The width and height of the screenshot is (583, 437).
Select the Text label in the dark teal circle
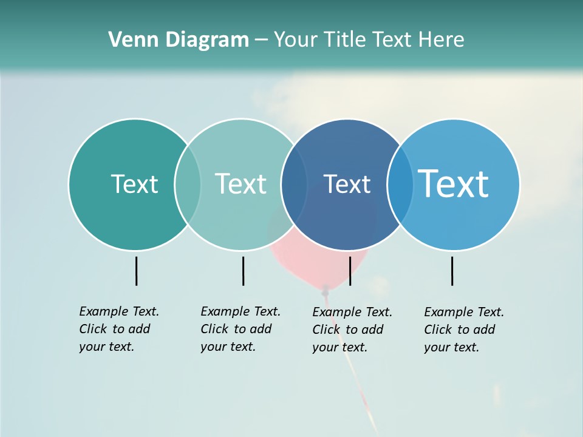[x=134, y=184]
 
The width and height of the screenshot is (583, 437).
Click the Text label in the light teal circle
[x=240, y=184]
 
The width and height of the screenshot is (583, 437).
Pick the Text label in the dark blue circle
[x=347, y=184]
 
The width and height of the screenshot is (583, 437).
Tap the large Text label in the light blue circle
[x=453, y=184]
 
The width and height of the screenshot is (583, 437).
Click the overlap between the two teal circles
[x=188, y=184]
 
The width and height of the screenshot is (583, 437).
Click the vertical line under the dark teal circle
[x=137, y=271]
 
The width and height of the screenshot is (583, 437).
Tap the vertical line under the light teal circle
[x=243, y=271]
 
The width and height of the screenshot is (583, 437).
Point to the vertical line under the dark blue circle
[x=350, y=271]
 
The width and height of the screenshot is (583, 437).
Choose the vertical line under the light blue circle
[x=452, y=271]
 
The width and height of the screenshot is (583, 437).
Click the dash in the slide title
[x=261, y=41]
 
